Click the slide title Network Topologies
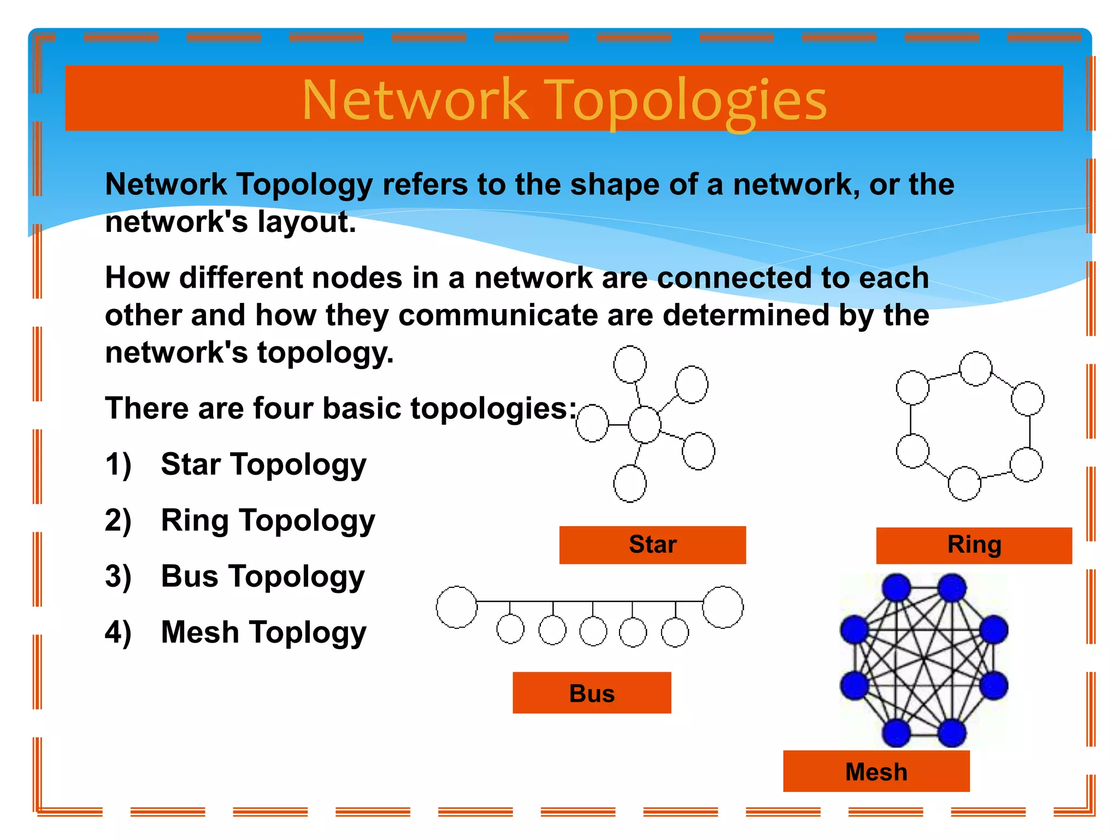click(x=564, y=100)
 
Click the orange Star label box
click(x=652, y=545)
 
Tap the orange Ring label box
click(x=974, y=545)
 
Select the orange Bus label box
click(x=592, y=693)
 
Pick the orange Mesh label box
click(x=876, y=771)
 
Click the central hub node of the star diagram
click(x=645, y=424)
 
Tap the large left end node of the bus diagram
click(x=457, y=607)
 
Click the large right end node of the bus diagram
click(x=722, y=607)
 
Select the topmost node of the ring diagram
click(x=975, y=369)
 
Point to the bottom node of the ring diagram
click(x=964, y=483)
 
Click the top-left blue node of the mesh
click(x=896, y=588)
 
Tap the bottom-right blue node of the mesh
click(x=952, y=733)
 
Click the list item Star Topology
click(x=263, y=465)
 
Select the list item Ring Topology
click(x=268, y=521)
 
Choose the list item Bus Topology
click(x=263, y=576)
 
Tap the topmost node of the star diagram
click(x=630, y=364)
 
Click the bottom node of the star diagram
click(x=630, y=483)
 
